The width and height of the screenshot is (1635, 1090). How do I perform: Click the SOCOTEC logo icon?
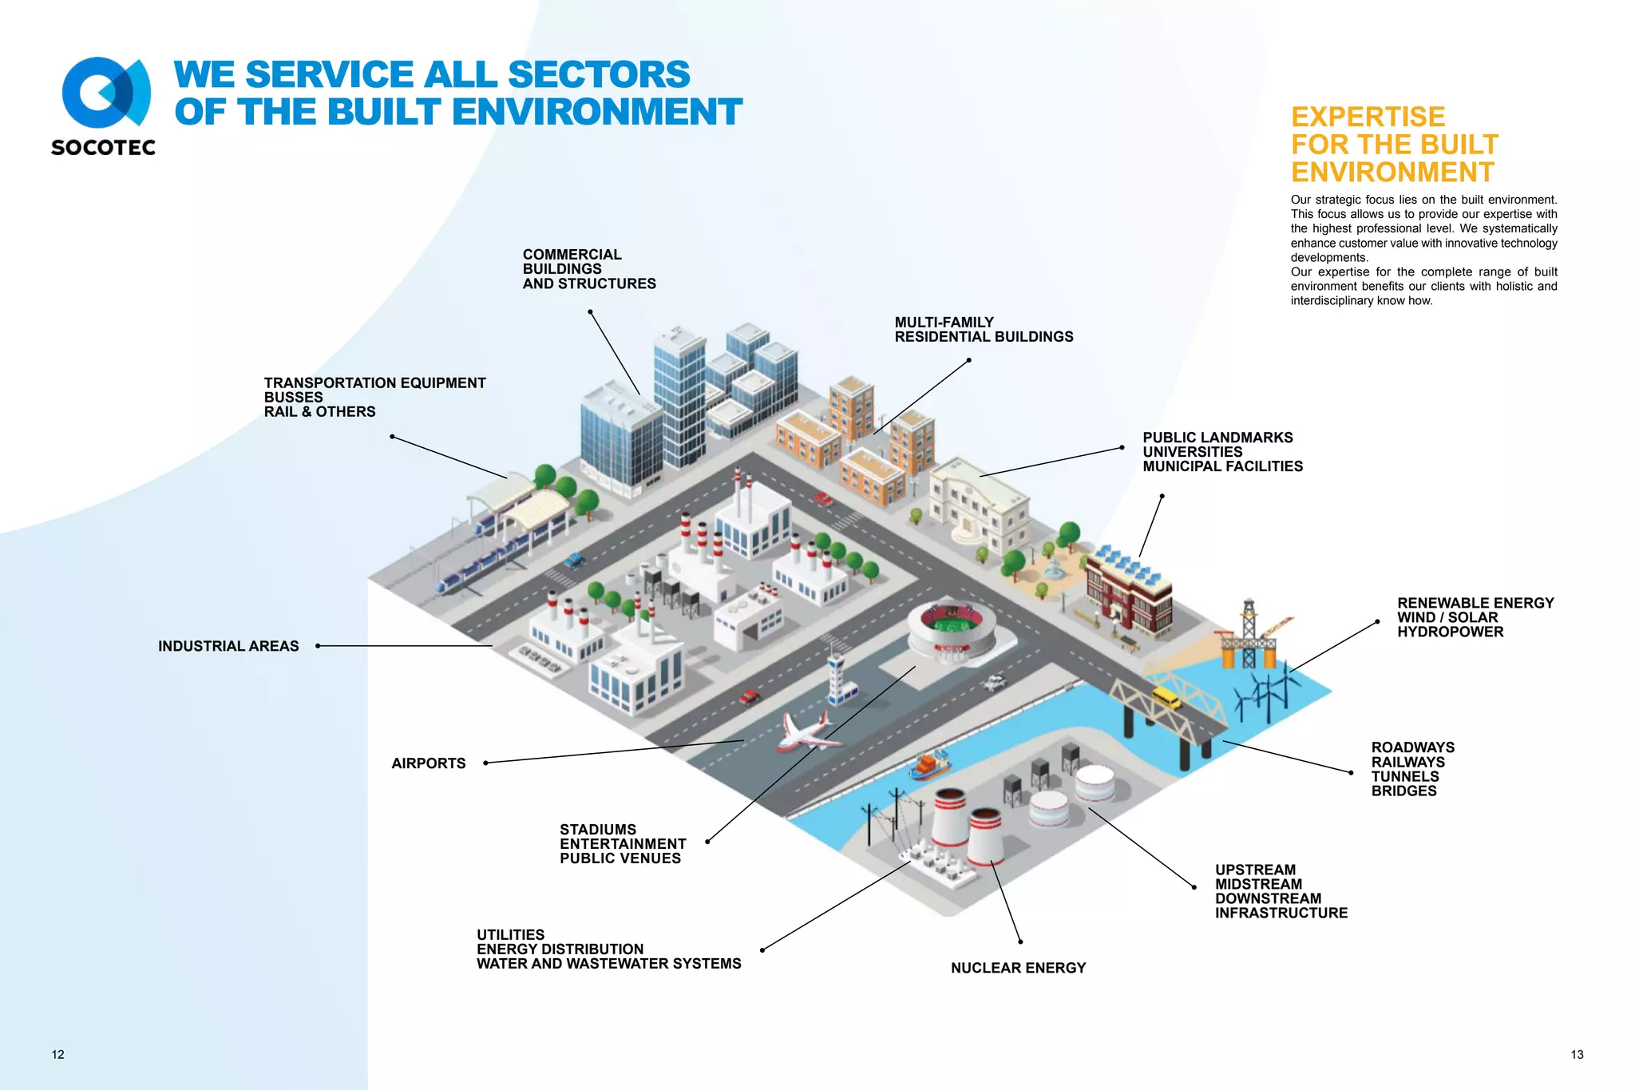[x=105, y=93]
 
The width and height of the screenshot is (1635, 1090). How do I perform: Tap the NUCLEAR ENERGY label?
[x=1018, y=968]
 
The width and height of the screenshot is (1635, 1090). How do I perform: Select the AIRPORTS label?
[x=428, y=763]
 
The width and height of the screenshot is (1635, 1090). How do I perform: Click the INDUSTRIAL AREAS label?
[x=228, y=646]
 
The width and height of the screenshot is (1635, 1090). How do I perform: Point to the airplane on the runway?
[x=808, y=732]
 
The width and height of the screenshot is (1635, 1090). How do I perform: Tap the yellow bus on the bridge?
[x=1166, y=696]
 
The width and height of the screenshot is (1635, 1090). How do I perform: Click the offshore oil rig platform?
[x=1249, y=639]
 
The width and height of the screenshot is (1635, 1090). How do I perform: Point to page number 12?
[x=58, y=1055]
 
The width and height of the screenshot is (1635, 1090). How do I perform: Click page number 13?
[x=1577, y=1055]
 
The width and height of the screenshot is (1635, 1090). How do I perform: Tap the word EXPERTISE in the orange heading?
[x=1368, y=117]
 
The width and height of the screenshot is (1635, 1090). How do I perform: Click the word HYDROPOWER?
[x=1450, y=632]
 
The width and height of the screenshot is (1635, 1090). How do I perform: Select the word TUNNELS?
[x=1405, y=776]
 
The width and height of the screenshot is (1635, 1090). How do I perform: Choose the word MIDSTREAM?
[x=1258, y=884]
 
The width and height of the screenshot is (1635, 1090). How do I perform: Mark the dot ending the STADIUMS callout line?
[x=707, y=842]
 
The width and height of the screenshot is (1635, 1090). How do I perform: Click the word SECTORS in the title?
[x=599, y=74]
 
